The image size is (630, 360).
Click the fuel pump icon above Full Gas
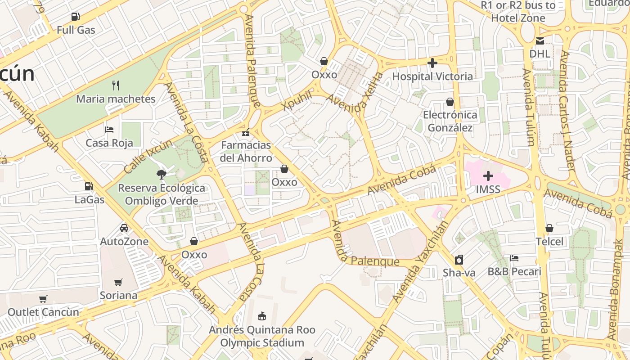[x=75, y=17]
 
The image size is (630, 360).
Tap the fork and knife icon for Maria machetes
[x=116, y=85]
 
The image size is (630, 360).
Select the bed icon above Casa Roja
[x=109, y=130]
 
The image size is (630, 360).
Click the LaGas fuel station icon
[x=89, y=186]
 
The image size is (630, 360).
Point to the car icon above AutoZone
[x=124, y=228]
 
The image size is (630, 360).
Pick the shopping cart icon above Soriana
[x=118, y=282]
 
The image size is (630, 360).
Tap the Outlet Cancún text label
[x=43, y=312]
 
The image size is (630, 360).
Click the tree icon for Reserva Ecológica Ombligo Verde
[x=161, y=175]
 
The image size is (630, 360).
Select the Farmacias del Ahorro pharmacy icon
[x=246, y=132]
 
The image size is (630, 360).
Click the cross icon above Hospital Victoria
[x=432, y=63]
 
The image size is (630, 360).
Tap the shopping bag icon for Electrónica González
[x=450, y=102]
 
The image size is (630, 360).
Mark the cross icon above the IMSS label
[x=488, y=176]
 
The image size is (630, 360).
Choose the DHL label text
[x=540, y=54]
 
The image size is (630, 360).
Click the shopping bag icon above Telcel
[x=549, y=229]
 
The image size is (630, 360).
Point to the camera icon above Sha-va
[x=459, y=260]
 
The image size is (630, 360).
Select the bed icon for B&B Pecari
[x=514, y=258]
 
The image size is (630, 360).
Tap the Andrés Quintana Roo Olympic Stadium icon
[x=262, y=316]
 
